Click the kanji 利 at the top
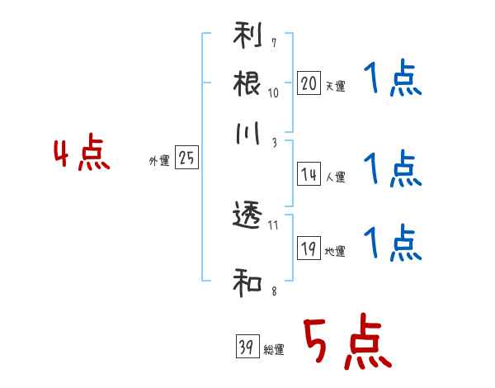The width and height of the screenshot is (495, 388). coord(247,35)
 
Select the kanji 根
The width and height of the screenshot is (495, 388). coord(247,83)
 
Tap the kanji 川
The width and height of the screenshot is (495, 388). coord(247,133)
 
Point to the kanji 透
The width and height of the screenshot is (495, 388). coord(247,215)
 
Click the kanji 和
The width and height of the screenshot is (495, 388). coord(247,282)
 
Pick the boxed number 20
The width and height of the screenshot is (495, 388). coord(309,83)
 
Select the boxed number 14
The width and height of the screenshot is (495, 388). coord(309,173)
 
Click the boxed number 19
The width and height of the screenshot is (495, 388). coord(309,248)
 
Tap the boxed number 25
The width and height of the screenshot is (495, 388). coord(186,157)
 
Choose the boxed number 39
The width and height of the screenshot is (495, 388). coord(247,346)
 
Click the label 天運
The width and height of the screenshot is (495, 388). coord(335,86)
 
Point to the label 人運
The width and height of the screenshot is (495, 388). coord(336,177)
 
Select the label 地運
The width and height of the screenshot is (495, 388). coord(335,251)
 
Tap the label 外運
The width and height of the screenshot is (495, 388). coord(159,160)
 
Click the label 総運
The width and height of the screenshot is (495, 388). coord(274,349)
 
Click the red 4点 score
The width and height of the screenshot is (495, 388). coord(82,152)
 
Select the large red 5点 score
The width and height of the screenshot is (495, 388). coord(348,341)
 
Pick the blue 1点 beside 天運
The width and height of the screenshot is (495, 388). coord(393,78)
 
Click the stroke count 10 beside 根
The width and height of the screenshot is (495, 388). coord(273,93)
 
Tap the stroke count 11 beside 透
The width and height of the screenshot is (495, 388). coord(273,225)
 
